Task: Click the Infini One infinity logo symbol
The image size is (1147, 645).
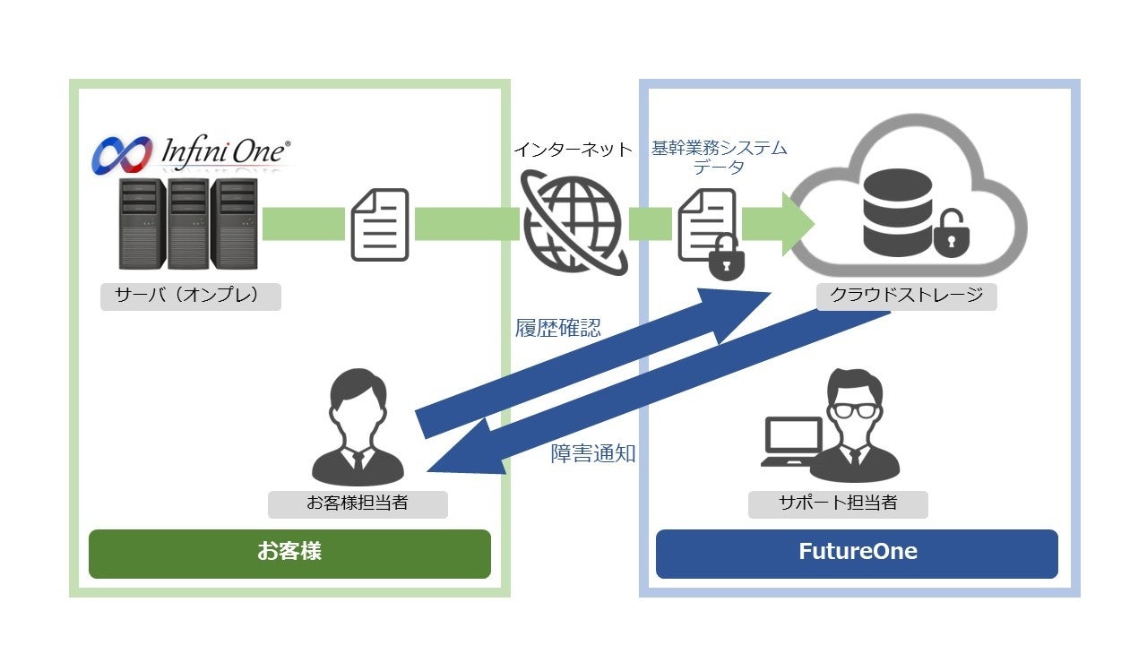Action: [124, 155]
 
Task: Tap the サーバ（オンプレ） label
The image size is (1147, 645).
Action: [190, 297]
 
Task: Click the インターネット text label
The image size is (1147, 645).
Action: [573, 149]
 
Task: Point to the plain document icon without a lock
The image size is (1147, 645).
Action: [379, 225]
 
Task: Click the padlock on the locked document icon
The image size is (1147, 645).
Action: [726, 261]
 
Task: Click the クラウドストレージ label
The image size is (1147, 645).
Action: [906, 297]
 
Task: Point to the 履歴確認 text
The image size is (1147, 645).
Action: [557, 328]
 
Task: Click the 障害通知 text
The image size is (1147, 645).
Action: [592, 453]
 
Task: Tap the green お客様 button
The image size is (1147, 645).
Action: [289, 553]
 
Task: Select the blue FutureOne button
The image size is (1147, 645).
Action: [857, 553]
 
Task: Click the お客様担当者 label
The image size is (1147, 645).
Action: [358, 503]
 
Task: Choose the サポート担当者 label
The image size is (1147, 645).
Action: [838, 503]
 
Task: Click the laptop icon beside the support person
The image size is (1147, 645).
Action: [791, 442]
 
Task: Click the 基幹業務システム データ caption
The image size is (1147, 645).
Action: [719, 158]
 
